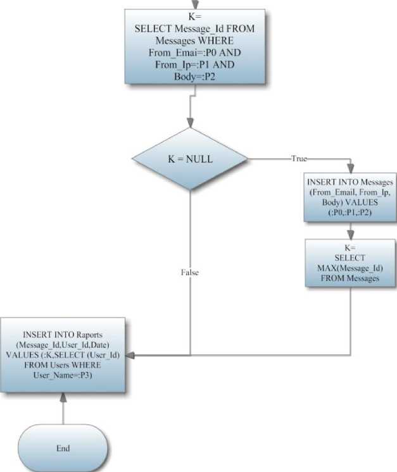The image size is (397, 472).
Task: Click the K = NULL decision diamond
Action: (x=190, y=159)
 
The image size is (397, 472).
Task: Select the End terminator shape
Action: (x=63, y=448)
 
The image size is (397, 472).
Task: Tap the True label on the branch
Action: (x=298, y=159)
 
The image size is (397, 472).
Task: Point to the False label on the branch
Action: (x=190, y=272)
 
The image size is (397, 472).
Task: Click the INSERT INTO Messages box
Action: (x=350, y=196)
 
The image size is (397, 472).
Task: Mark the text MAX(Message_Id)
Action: (x=350, y=268)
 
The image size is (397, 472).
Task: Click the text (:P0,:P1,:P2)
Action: (x=350, y=213)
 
